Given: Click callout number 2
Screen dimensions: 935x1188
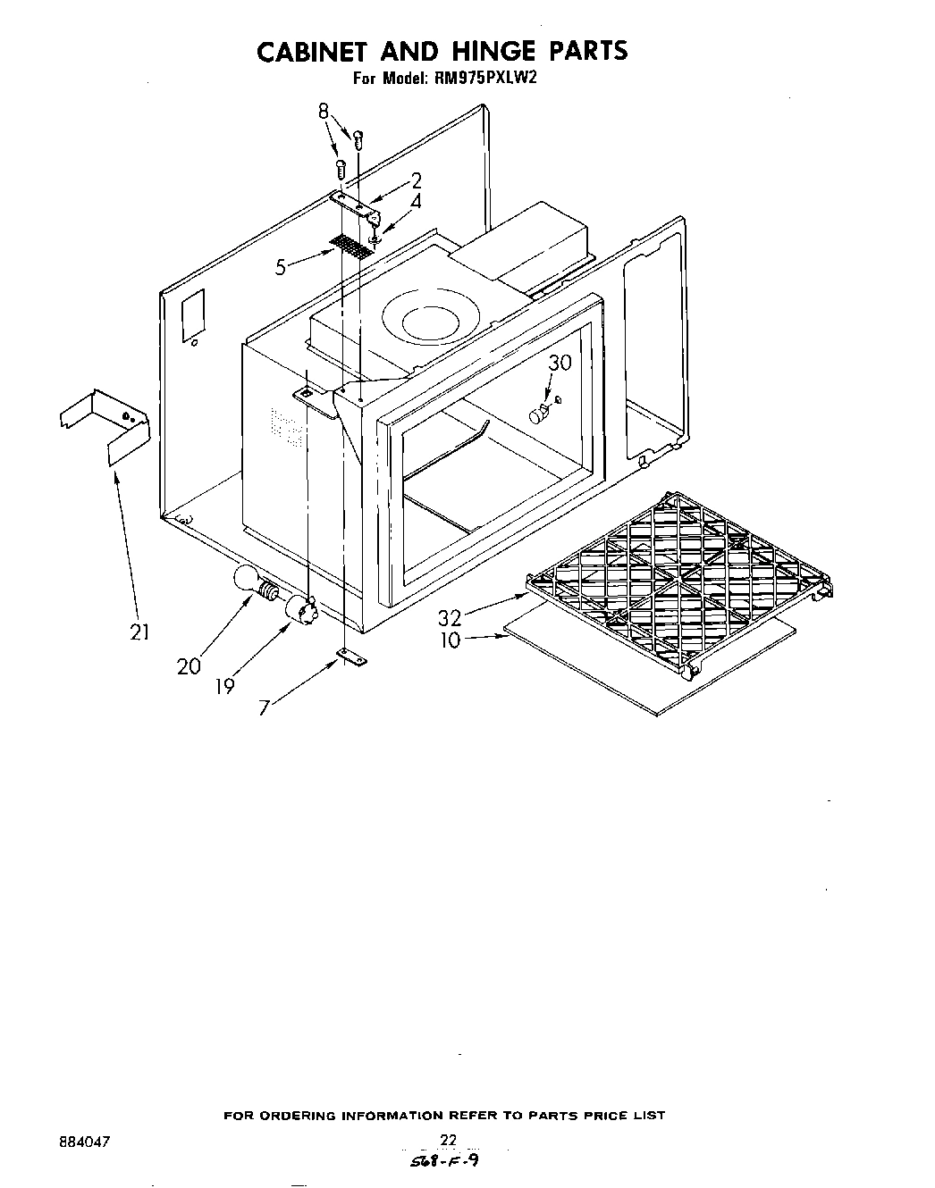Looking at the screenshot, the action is point(417,181).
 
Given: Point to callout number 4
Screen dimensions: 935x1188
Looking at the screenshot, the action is point(416,203).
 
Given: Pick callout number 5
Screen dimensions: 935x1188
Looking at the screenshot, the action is point(282,266).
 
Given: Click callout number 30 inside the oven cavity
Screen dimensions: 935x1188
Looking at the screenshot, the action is point(560,363).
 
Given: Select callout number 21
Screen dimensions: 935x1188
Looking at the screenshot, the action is point(139,632).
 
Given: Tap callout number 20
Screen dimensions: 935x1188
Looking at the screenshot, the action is point(189,665).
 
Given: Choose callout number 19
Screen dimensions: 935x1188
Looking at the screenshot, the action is point(225,686).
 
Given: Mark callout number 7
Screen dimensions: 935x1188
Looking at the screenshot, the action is point(264,708).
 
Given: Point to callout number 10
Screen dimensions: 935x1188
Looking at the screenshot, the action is point(450,640).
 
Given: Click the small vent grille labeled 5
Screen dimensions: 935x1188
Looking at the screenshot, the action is point(351,247).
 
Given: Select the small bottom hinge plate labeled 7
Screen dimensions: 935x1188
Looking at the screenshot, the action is point(351,658).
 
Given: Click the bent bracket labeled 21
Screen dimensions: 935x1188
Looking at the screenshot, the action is point(105,427).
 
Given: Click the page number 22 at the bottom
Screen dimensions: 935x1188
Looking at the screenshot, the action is point(449,1139).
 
